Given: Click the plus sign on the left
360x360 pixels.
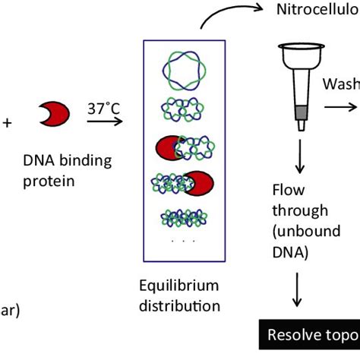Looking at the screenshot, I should click(x=7, y=120).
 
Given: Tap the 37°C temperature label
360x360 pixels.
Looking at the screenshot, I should click(x=103, y=109).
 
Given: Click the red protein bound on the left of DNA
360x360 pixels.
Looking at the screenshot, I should click(x=169, y=148).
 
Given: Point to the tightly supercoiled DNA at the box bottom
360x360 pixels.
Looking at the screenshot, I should click(x=182, y=219).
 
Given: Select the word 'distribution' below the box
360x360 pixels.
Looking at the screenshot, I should click(x=182, y=306).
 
